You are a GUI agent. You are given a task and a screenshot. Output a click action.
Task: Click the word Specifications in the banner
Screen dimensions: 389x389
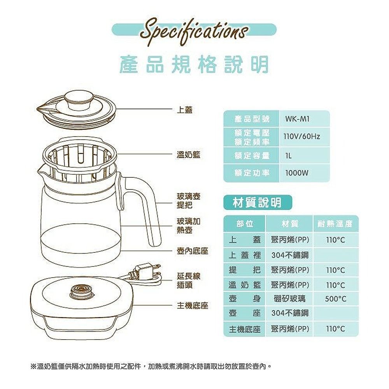tap(194, 33)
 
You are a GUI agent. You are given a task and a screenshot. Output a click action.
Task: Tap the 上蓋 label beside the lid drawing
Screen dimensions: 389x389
tap(184, 110)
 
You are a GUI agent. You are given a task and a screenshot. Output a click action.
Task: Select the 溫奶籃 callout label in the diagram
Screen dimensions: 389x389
tap(188, 155)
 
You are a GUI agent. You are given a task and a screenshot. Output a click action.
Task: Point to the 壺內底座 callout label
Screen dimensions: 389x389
tap(192, 251)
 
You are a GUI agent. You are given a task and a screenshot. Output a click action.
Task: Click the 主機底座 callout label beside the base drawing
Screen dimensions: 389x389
tap(192, 306)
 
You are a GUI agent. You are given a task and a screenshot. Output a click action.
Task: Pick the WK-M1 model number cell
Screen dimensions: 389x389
tap(297, 119)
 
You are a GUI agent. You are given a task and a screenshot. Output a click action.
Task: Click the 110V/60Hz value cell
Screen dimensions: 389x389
tap(302, 137)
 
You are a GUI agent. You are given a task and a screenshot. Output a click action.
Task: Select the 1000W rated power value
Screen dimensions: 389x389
tap(297, 173)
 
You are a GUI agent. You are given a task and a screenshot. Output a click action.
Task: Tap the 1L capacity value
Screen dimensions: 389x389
tap(288, 156)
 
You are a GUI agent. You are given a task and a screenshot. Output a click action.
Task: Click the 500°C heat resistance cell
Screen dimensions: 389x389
tap(335, 299)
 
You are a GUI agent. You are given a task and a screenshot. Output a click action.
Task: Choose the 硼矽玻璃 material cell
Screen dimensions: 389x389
tap(289, 299)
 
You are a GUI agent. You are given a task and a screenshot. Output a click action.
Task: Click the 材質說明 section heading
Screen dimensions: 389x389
tap(257, 203)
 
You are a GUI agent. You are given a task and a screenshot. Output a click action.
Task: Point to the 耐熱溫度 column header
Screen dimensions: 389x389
tap(335, 224)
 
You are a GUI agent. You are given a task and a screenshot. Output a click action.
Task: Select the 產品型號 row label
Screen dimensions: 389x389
tap(252, 119)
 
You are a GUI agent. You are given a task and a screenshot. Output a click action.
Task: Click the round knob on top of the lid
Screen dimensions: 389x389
tap(78, 100)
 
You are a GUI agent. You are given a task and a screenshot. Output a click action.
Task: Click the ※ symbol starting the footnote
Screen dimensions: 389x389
tap(33, 366)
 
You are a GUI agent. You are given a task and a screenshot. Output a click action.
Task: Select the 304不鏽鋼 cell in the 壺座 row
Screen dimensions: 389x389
tap(290, 313)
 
